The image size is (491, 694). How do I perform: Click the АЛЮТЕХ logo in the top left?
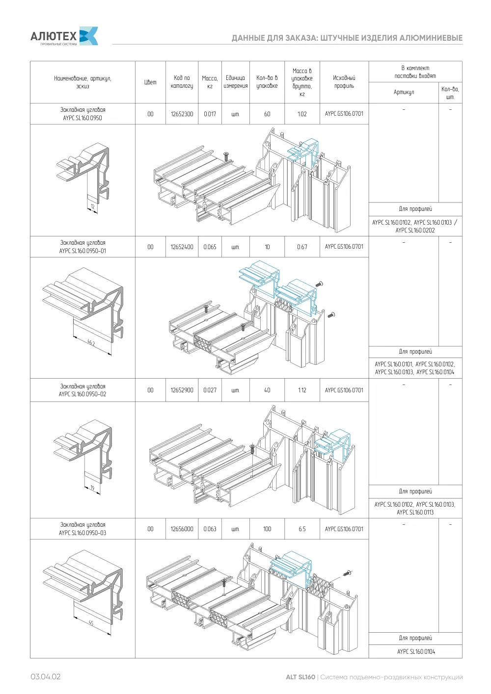pos(64,36)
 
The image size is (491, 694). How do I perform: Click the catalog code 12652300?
pos(182,114)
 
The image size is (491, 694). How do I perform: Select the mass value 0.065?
pos(210,247)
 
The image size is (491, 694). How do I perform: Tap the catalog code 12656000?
pos(182,529)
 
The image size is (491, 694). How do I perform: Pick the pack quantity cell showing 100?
pos(267,529)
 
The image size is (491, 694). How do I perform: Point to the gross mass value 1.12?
pos(302,390)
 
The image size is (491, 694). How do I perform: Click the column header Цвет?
pos(150,82)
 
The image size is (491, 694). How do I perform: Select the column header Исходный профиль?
pos(344,82)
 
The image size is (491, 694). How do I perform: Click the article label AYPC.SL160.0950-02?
pos(82,394)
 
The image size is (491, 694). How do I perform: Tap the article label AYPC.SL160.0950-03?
pos(82,533)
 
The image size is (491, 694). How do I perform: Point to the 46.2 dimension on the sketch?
pos(91,343)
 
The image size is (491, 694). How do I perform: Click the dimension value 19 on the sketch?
pos(92,488)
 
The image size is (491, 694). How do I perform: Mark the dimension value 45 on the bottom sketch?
pos(91,623)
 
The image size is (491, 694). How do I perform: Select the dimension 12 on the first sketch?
pos(93,206)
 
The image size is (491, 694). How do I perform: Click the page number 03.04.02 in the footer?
pos(45,677)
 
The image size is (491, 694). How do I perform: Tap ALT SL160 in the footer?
pos(300,677)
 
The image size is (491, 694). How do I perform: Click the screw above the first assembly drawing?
pos(226,156)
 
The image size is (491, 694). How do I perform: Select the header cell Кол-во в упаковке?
pos(267,82)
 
